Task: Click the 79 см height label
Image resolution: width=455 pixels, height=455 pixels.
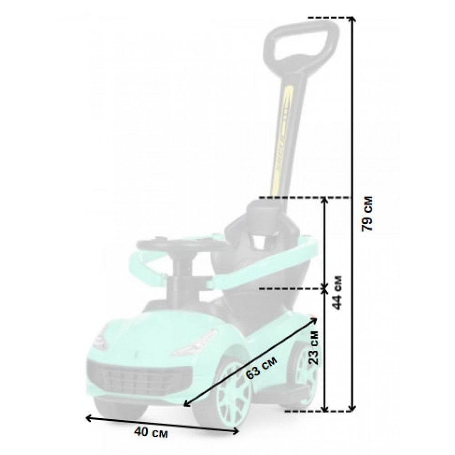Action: coord(367,213)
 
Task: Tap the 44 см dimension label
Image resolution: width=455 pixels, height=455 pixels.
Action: coord(337,293)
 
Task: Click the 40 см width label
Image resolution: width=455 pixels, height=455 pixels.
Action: coord(151,433)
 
